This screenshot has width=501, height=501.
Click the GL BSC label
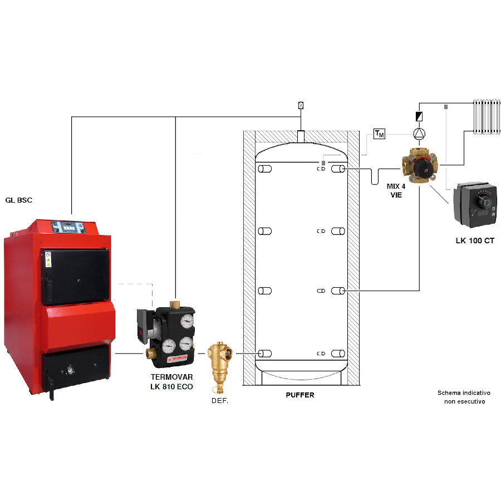coord(19,199)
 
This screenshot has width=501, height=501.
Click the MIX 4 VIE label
coord(396,190)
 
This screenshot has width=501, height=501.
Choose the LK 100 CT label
coord(474,241)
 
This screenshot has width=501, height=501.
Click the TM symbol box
coord(379,134)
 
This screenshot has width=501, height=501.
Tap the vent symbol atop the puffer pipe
coord(301,105)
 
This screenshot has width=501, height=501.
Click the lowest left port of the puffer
coord(265,353)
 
